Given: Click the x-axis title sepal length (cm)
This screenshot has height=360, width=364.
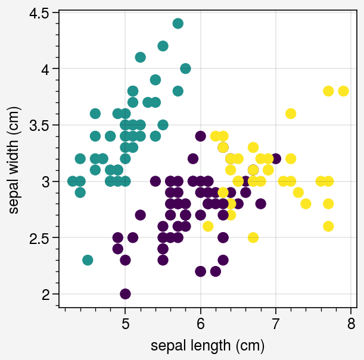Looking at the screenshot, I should click(207, 346).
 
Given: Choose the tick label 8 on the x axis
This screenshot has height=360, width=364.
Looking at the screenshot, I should click(351, 324).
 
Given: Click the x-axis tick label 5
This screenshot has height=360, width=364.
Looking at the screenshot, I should click(125, 324).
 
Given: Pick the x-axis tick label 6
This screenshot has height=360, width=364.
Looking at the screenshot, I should click(201, 324).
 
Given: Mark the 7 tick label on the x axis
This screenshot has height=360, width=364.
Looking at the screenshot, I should click(276, 324).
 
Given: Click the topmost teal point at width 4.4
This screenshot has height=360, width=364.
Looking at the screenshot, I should click(178, 23).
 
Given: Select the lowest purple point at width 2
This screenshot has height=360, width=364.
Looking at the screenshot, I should click(125, 294).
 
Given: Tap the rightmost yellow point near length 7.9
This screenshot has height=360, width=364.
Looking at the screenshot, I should click(343, 91).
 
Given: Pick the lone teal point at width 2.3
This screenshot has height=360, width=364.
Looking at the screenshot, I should click(88, 260).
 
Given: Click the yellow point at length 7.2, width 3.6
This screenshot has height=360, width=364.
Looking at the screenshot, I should click(291, 114).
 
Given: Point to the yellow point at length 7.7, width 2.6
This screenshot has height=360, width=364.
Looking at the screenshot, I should click(328, 226).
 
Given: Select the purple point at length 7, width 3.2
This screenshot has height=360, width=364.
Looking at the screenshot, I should click(276, 159).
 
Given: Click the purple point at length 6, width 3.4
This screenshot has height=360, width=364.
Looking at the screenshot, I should click(201, 136).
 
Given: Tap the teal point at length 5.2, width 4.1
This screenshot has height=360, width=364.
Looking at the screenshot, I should click(141, 57).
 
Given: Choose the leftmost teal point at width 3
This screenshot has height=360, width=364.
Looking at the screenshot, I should click(73, 181).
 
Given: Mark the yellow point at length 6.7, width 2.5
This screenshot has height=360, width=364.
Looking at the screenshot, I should click(253, 237).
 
